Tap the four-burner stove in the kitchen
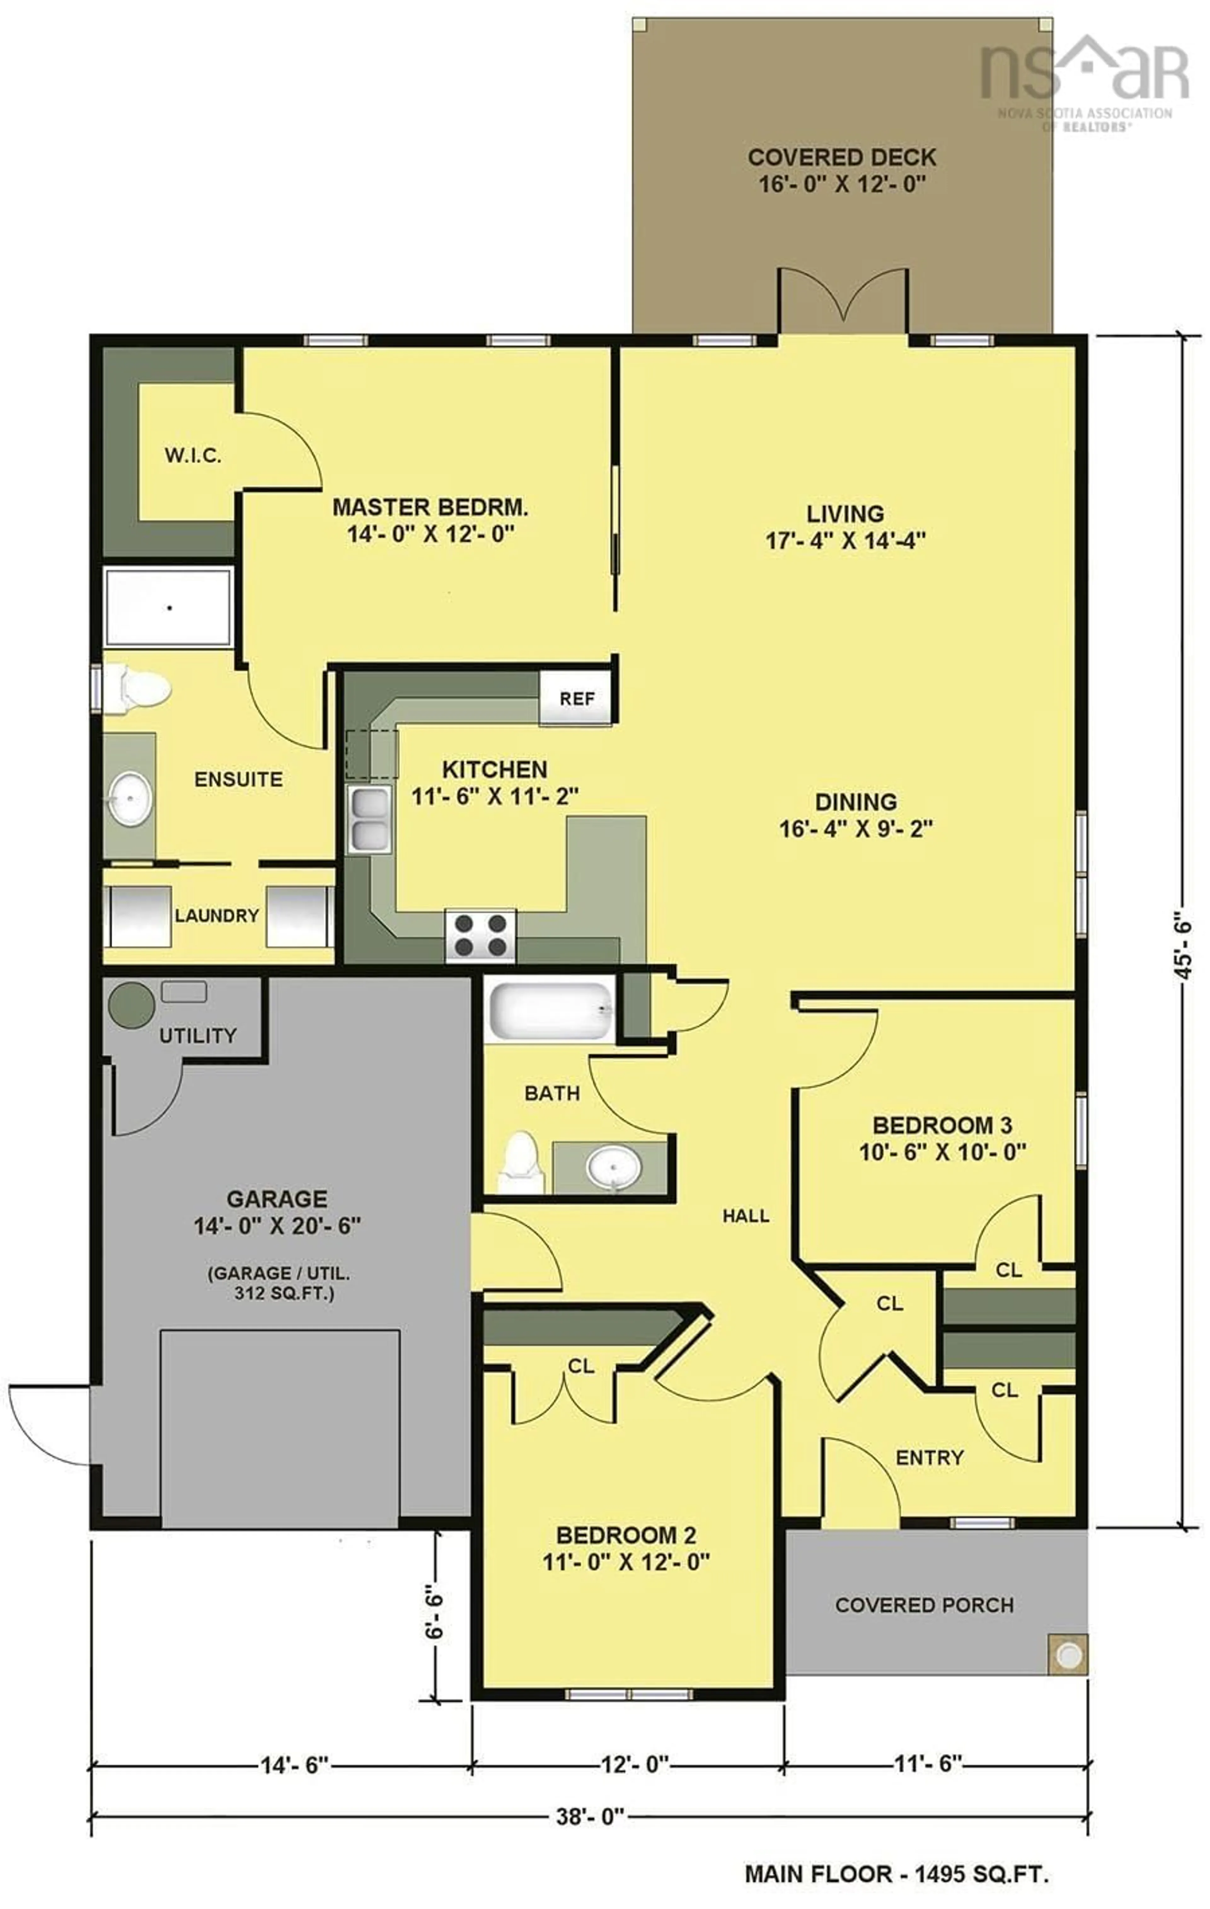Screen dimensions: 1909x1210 pos(480,935)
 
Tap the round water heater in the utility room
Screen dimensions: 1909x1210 pos(131,1005)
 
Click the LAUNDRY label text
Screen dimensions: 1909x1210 pos(216,916)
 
